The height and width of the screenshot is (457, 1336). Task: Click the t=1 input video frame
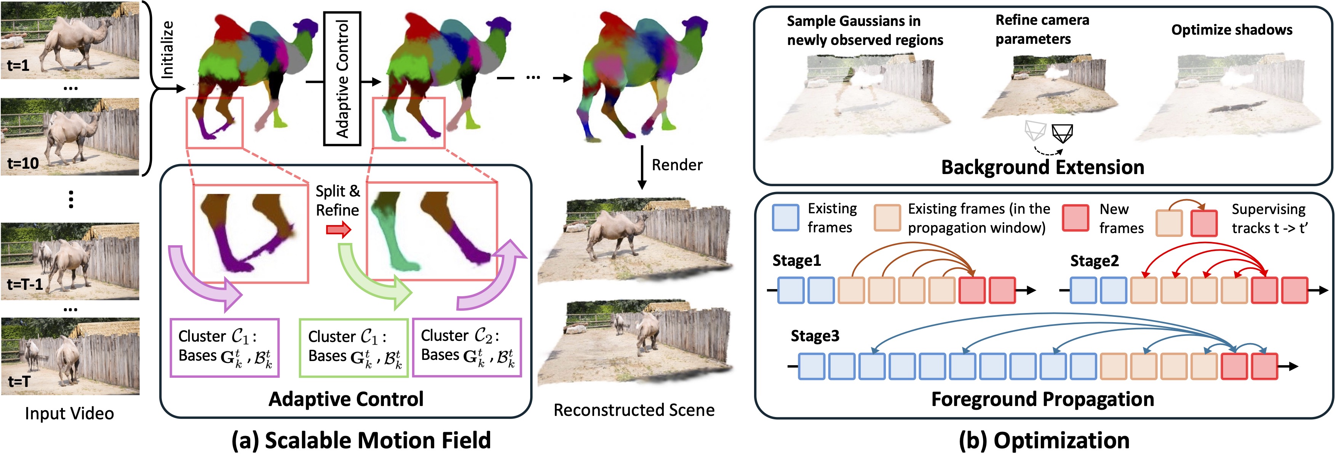pyautogui.click(x=70, y=40)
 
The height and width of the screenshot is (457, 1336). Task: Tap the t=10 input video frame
pyautogui.click(x=70, y=136)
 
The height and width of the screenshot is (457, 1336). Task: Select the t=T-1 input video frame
pyautogui.click(x=70, y=261)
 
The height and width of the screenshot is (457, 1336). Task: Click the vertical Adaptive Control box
pyautogui.click(x=342, y=78)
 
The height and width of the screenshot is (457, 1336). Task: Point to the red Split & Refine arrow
pyautogui.click(x=339, y=229)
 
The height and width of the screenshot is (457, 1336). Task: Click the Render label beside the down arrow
pyautogui.click(x=677, y=165)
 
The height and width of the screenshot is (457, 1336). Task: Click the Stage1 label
pyautogui.click(x=797, y=260)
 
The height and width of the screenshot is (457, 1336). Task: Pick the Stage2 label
pyautogui.click(x=1094, y=260)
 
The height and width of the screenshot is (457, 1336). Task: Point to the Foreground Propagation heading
pyautogui.click(x=1042, y=399)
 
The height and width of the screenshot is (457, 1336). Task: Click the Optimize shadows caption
pyautogui.click(x=1232, y=30)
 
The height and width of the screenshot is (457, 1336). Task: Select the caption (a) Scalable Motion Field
pyautogui.click(x=361, y=440)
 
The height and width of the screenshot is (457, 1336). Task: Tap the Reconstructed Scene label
pyautogui.click(x=634, y=410)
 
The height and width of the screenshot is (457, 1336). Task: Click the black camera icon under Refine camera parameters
pyautogui.click(x=1062, y=133)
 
